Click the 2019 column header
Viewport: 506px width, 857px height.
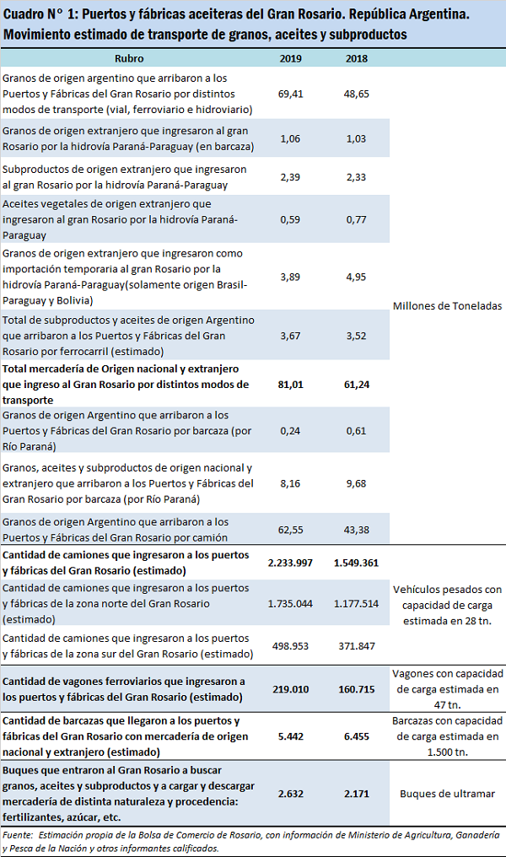coord(291,59)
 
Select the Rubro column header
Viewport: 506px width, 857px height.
coord(129,59)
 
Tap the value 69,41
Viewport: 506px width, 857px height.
coord(291,94)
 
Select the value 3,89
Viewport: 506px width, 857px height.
coord(291,277)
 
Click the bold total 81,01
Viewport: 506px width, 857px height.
coord(291,384)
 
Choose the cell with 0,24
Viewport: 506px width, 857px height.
coord(291,430)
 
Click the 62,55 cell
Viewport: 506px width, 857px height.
coord(291,530)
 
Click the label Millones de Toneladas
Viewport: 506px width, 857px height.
coord(448,305)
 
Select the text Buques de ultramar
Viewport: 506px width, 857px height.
coord(448,793)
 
